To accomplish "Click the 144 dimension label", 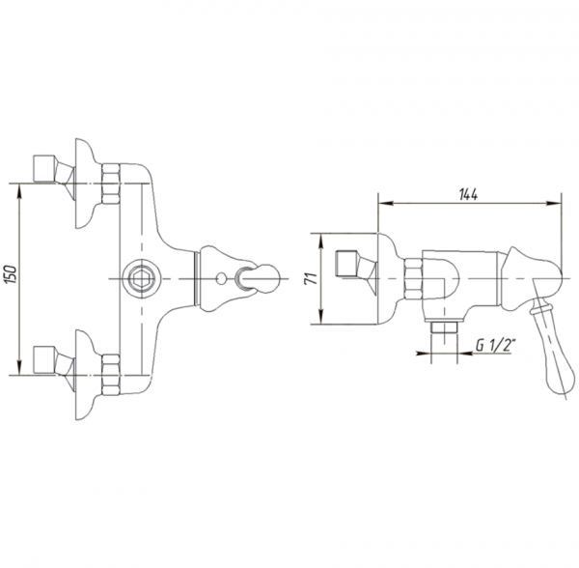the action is point(468,194).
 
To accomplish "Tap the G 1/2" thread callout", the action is point(495,346).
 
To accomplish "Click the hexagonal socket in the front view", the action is point(139,278).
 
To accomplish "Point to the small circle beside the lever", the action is point(220,278).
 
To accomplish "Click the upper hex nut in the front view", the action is point(110,184).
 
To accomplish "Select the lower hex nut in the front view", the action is point(110,375).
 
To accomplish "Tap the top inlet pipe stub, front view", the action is point(44,169).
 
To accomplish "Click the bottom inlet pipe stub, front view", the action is point(44,360).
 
